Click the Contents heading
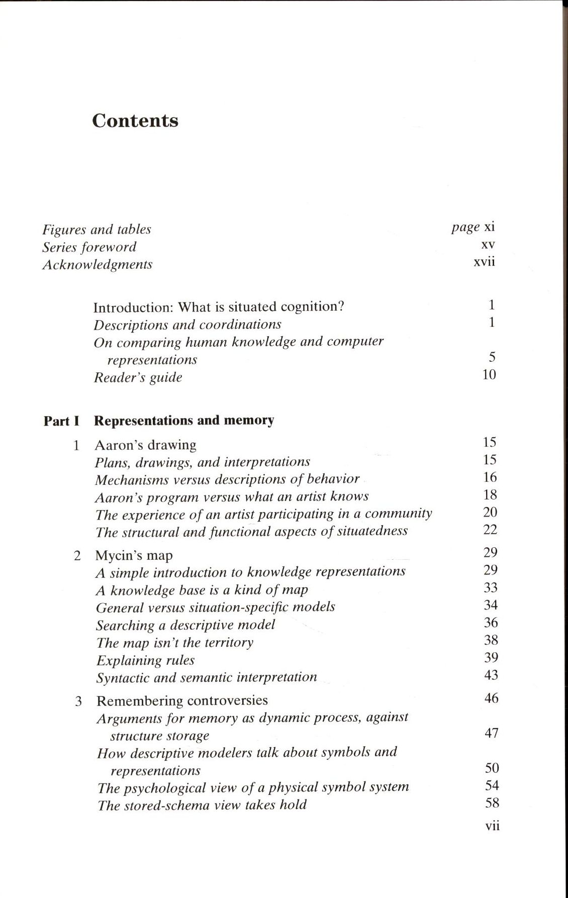135,121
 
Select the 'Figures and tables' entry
97,230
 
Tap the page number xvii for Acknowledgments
484,262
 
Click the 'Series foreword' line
89,247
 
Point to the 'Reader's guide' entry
138,377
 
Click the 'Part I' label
61,421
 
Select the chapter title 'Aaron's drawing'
145,445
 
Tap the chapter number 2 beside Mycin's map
77,556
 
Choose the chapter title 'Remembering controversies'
182,701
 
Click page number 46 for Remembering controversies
491,698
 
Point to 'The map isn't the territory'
174,643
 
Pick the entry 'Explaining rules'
145,660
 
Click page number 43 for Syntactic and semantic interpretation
491,675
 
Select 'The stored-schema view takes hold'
202,805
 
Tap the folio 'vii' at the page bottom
492,826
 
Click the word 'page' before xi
465,227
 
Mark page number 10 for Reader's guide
489,375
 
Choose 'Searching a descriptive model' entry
185,625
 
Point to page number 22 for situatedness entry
490,530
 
